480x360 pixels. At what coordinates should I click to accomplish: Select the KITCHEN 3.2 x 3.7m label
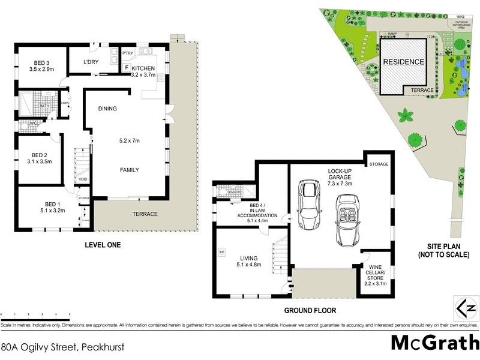coord(143,72)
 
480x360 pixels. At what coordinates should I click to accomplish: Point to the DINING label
coord(107,109)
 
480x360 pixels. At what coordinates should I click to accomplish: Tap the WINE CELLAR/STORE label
coord(376,274)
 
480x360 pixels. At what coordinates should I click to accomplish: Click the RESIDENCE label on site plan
coord(404,62)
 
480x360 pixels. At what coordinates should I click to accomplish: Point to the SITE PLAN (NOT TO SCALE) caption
coord(443,251)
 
